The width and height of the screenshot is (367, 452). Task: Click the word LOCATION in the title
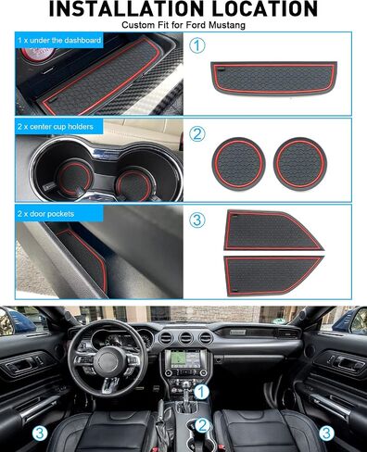pyautogui.click(x=266, y=8)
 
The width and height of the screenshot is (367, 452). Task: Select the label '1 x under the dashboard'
pyautogui.click(x=59, y=41)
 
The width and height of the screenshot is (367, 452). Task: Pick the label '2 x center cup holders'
pyautogui.click(x=56, y=127)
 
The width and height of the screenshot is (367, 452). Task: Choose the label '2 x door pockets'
pyautogui.click(x=45, y=214)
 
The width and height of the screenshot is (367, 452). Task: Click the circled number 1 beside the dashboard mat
pyautogui.click(x=196, y=45)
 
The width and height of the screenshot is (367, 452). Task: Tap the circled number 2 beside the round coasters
pyautogui.click(x=196, y=134)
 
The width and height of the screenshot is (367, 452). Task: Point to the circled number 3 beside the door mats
pyautogui.click(x=196, y=220)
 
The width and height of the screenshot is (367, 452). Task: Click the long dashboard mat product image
pyautogui.click(x=273, y=79)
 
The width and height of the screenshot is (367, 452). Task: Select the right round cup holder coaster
pyautogui.click(x=300, y=164)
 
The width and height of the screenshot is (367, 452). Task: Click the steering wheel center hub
pyautogui.click(x=108, y=360)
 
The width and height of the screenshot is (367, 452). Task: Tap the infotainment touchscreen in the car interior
pyautogui.click(x=184, y=358)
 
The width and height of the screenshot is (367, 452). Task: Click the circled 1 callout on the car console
pyautogui.click(x=201, y=392)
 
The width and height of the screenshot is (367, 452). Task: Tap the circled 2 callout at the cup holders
pyautogui.click(x=202, y=425)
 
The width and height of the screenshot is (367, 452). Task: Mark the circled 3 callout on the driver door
pyautogui.click(x=40, y=433)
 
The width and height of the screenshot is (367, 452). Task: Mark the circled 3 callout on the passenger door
pyautogui.click(x=326, y=433)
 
